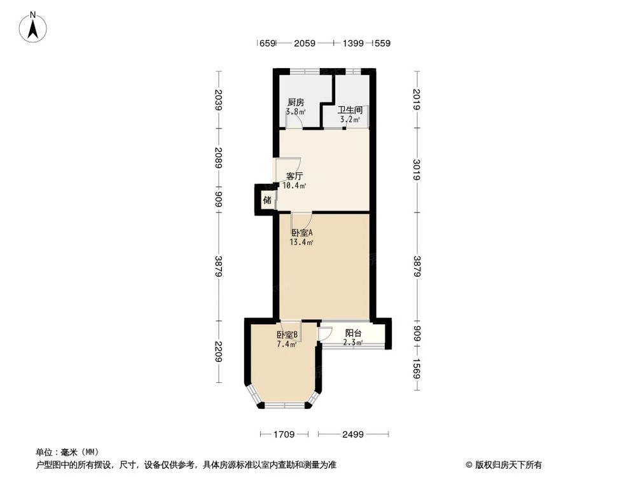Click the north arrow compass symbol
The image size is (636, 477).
pos(34,28)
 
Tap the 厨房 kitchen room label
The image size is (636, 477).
pos(295,102)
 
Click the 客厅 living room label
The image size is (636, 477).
pos(294,176)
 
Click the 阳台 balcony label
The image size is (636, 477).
pos(353,333)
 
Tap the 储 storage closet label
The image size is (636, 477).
pos(267,200)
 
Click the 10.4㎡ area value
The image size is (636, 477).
pos(294,186)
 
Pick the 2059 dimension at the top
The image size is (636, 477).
pos(305,43)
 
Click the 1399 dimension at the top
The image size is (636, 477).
pos(353,43)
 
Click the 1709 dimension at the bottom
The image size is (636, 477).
pos(284,434)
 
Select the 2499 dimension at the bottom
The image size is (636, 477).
pos(352,434)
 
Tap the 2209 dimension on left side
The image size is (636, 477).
pos(219,351)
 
